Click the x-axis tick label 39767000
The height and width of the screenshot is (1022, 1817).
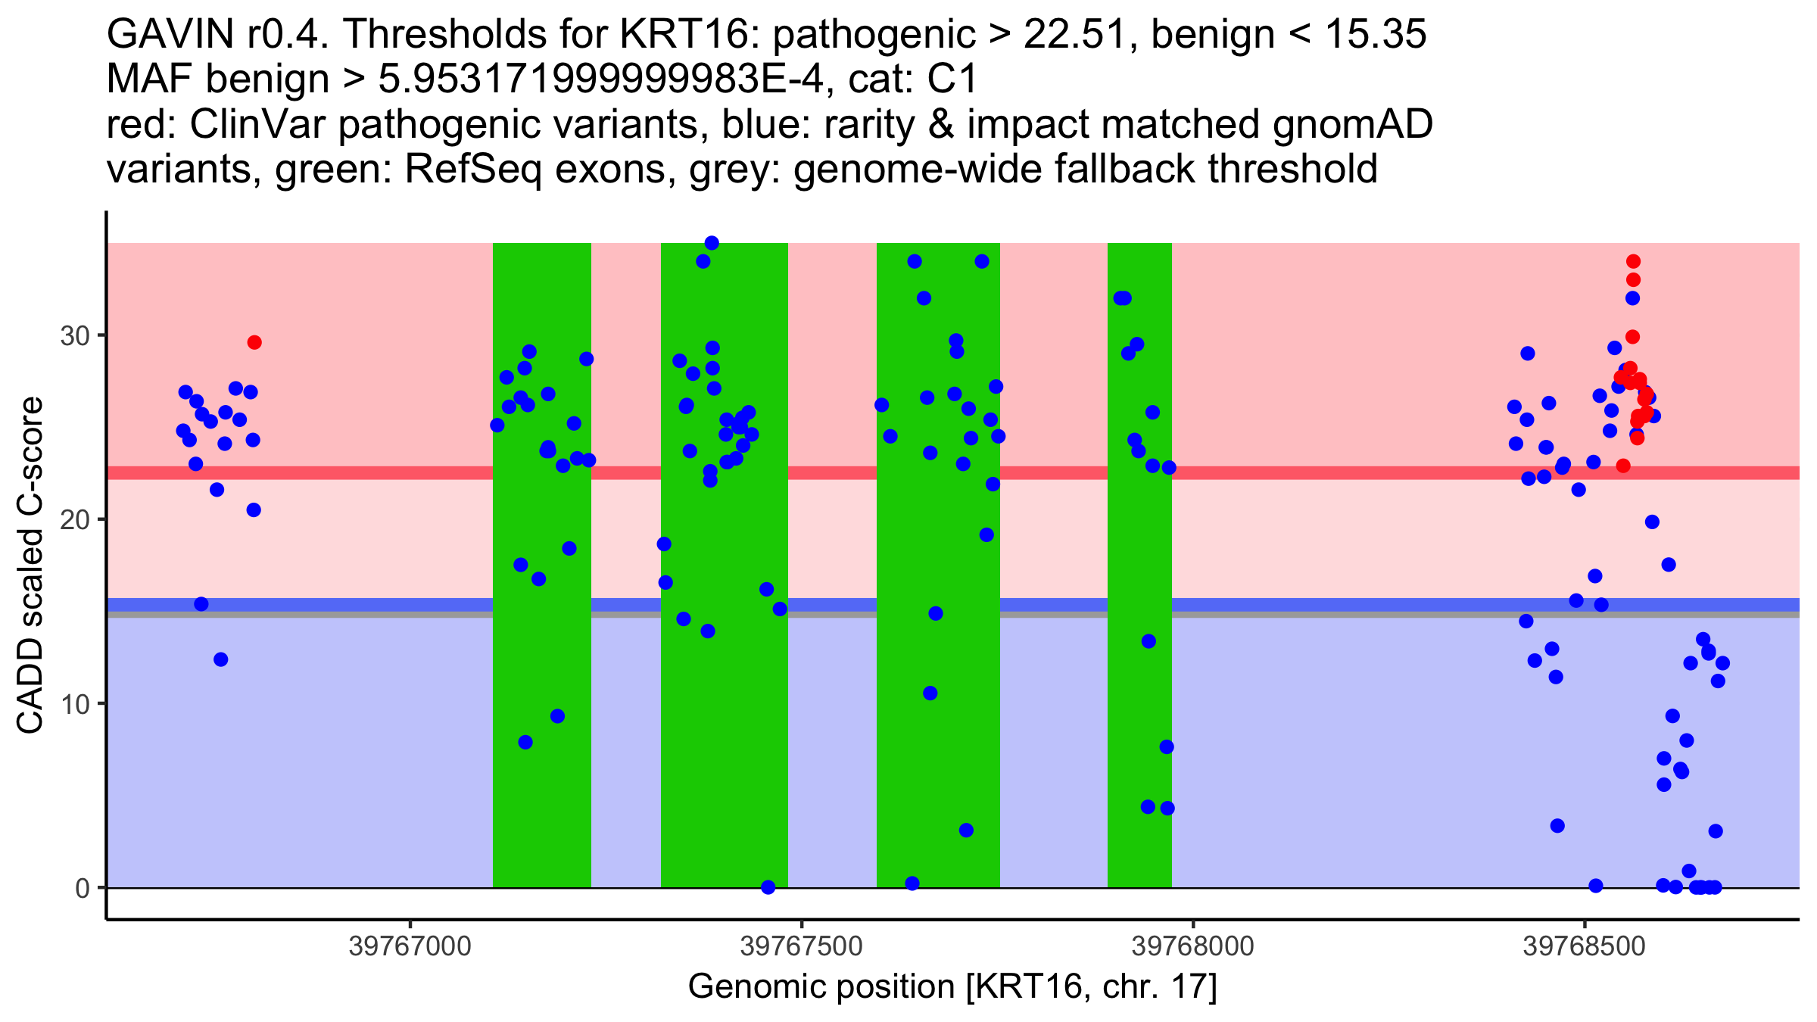pos(410,947)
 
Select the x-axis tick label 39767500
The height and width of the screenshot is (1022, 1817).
pos(801,947)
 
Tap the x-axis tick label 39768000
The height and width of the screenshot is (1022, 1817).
pos(1193,947)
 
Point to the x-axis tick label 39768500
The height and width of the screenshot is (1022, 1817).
pos(1585,947)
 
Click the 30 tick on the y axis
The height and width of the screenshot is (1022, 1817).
pos(75,335)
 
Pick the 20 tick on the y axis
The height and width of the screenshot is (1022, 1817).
pos(75,519)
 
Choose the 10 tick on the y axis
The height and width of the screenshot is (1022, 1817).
pos(75,704)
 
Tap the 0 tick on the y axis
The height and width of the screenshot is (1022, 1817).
pos(83,888)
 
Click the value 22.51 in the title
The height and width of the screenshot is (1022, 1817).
pos(1071,35)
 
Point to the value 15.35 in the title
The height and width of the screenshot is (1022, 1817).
pos(1376,35)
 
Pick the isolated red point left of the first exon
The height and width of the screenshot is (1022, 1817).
pos(254,342)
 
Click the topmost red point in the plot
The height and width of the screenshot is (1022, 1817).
pos(1633,261)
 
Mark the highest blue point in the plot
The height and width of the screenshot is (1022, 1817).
pos(712,243)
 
